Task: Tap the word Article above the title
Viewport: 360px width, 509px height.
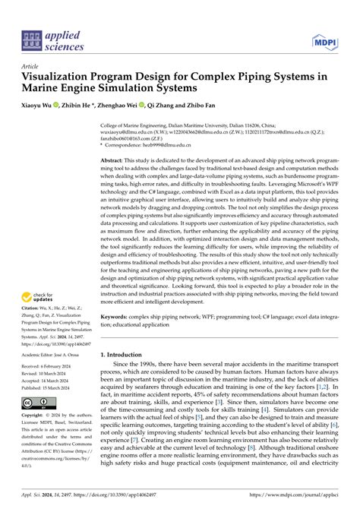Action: [30, 66]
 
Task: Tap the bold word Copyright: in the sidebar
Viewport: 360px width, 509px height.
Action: [36, 416]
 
